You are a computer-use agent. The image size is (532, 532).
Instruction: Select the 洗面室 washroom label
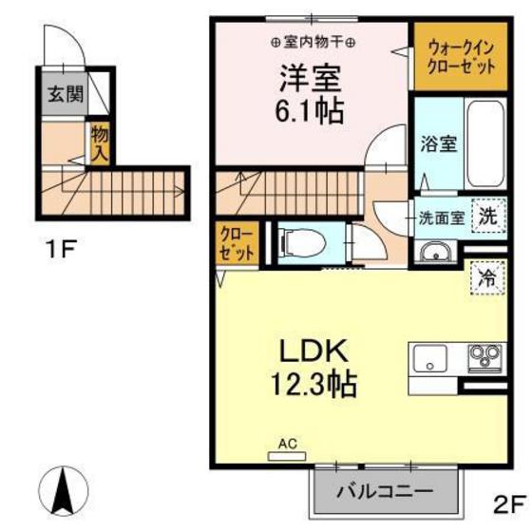pyautogui.click(x=442, y=216)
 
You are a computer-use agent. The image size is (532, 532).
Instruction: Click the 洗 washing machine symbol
pyautogui.click(x=488, y=215)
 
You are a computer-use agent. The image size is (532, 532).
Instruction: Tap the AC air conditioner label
pyautogui.click(x=287, y=442)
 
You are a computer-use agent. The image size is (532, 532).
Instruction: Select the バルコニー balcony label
pyautogui.click(x=386, y=492)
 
